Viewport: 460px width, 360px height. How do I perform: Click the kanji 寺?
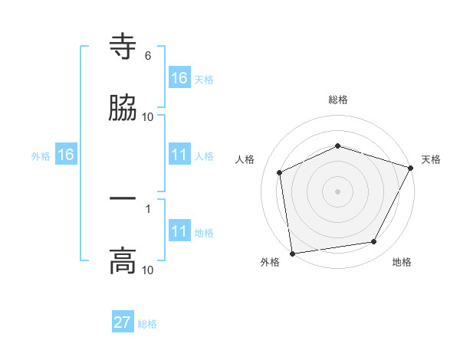coord(123,48)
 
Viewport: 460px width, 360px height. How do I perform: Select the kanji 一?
coord(123,198)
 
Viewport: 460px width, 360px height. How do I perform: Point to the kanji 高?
coord(123,261)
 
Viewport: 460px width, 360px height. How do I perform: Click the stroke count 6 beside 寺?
coord(147,56)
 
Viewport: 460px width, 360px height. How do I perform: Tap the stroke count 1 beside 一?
coord(147,208)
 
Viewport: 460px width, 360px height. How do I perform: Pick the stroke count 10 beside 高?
coord(147,270)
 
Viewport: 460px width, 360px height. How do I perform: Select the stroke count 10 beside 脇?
coord(147,116)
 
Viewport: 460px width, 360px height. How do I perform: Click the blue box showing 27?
coord(123,322)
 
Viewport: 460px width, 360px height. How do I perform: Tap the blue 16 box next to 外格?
coord(66,155)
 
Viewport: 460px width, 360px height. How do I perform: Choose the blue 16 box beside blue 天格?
coord(179,78)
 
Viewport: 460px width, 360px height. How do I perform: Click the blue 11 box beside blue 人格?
coord(179,155)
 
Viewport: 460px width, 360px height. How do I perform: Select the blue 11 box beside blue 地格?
coord(179,231)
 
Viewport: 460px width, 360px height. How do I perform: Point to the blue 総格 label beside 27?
coord(147,324)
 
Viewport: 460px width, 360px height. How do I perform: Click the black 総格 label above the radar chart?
coord(338,100)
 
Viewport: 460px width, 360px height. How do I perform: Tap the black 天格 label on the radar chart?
coord(431,159)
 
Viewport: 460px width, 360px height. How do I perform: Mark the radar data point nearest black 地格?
coord(374,242)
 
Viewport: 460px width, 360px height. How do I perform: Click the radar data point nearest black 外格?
coord(292,253)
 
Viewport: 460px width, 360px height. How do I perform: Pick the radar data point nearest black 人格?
coord(280,172)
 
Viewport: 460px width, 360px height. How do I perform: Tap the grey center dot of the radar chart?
coord(338,191)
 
